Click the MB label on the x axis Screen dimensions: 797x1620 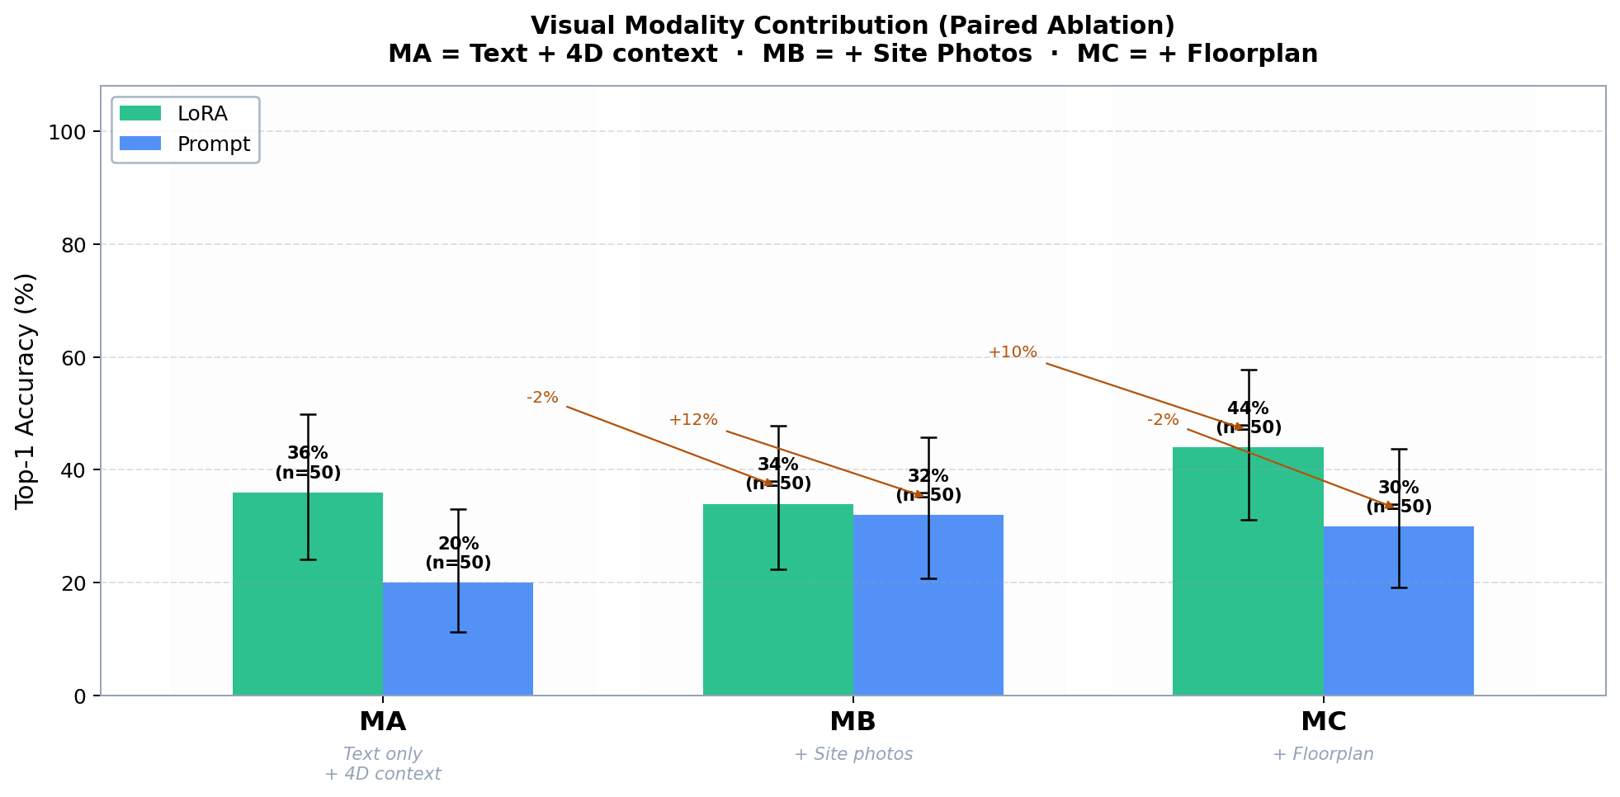(x=853, y=722)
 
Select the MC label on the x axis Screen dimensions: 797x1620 (x=1323, y=722)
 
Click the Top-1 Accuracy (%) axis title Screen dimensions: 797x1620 (x=26, y=390)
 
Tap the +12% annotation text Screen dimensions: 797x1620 (x=693, y=420)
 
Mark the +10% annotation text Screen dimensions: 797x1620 (x=1013, y=352)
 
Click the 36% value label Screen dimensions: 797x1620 (x=308, y=453)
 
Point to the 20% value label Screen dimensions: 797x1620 (x=458, y=544)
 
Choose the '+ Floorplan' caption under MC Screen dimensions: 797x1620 (x=1323, y=754)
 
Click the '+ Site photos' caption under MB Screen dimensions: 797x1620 (x=853, y=754)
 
